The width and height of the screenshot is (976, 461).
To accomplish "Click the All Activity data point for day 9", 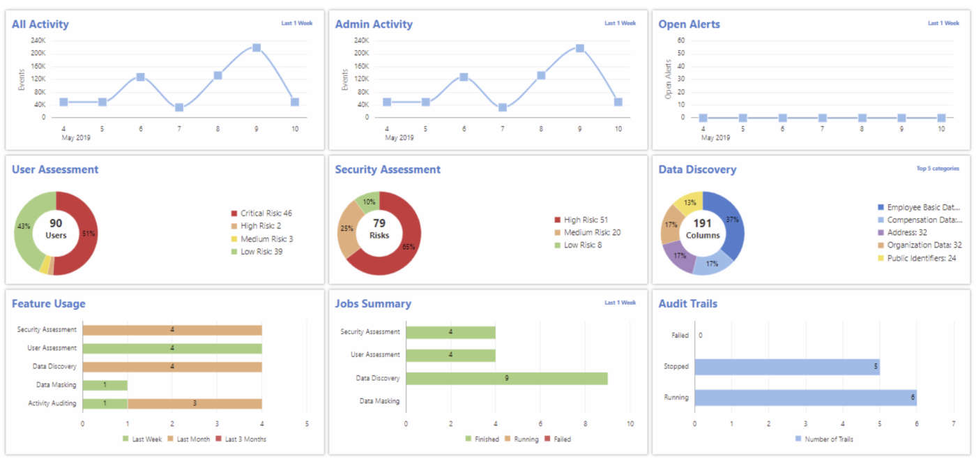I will point(257,47).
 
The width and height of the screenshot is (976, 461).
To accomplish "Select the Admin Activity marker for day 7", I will point(503,107).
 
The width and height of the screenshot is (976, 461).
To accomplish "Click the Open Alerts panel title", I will point(689,24).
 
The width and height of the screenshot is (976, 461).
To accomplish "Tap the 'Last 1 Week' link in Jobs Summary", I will point(620,303).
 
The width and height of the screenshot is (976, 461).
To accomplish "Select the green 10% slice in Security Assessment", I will point(367,202).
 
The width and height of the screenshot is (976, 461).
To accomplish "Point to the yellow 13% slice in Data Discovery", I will point(687,203).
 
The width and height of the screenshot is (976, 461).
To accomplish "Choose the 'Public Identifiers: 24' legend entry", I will point(920,258).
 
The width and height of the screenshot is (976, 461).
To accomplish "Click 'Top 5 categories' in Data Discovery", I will point(938,169).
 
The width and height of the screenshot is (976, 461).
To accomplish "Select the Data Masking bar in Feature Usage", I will point(105,385).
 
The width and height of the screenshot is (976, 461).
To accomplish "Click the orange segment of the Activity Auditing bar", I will point(195,403).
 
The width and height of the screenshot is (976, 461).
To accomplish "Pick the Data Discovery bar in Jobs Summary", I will point(506,378).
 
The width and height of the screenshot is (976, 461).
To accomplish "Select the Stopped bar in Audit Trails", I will point(786,367).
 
